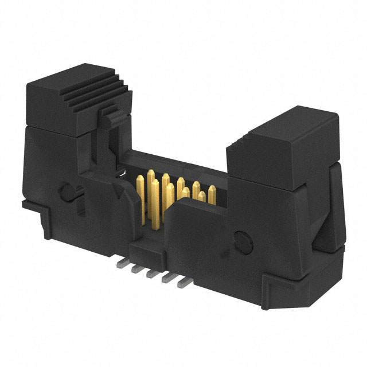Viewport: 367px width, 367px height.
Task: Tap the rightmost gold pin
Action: point(212,194)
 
